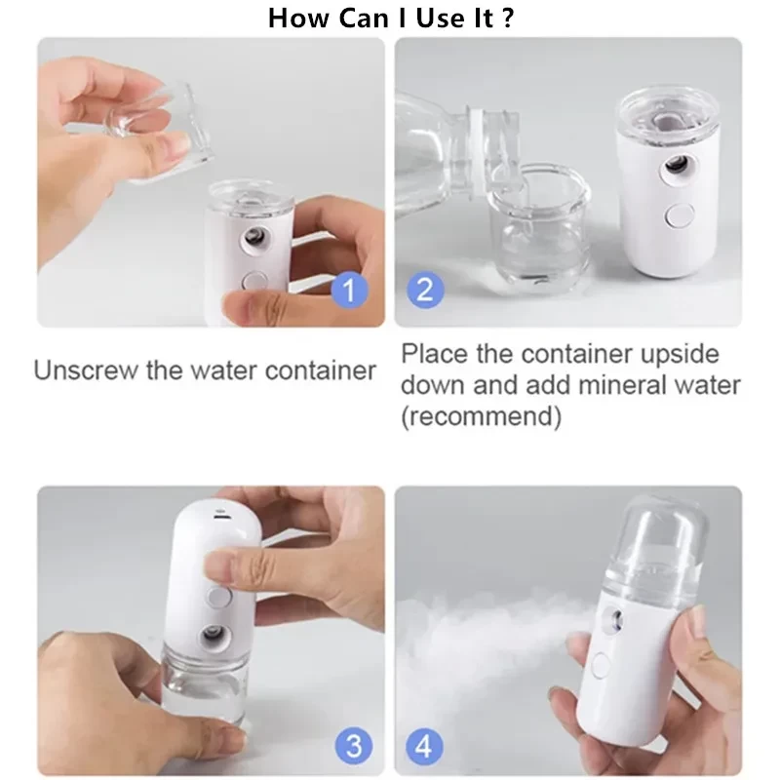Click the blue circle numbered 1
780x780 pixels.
click(350, 290)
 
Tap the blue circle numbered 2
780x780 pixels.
click(425, 290)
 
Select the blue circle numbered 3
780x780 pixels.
click(354, 746)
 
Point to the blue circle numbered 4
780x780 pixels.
click(424, 746)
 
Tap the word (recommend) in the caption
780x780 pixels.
click(482, 416)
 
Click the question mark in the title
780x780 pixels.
click(507, 18)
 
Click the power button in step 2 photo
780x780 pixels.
click(680, 214)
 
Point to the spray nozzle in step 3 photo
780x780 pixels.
click(215, 636)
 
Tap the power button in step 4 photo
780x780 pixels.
click(600, 666)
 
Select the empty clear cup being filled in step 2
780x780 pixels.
click(540, 225)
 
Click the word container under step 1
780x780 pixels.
click(321, 370)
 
